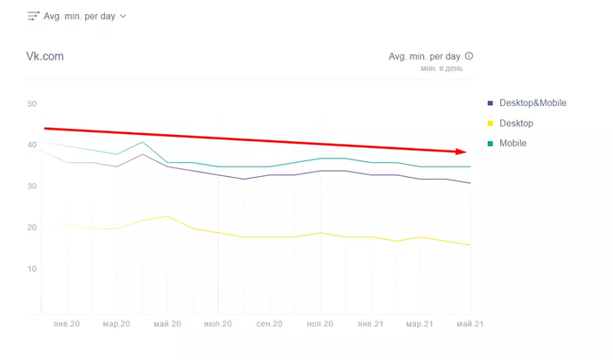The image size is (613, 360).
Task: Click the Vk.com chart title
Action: coord(46,57)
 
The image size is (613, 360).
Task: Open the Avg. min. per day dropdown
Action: coord(85,16)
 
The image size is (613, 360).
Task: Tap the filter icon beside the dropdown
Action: coord(33,16)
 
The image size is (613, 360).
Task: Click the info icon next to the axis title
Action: coord(469,56)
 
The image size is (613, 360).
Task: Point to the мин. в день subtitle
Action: coord(442,67)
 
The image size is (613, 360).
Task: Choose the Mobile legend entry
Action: coord(512,143)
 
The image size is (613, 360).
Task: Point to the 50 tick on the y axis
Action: coord(32,104)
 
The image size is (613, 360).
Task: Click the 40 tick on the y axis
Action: coord(32,145)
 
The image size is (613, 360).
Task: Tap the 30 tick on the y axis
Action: coord(32,186)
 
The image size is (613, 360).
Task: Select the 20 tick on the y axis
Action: coord(32,228)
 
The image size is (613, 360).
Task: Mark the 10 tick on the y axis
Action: coord(32,269)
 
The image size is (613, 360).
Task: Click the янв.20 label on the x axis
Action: coord(67,324)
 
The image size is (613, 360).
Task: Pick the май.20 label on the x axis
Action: coord(167,324)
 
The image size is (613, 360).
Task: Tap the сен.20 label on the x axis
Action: coord(269,324)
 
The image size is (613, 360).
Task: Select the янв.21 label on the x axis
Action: coord(370,324)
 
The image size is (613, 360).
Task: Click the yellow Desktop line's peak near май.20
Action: coord(168,216)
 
